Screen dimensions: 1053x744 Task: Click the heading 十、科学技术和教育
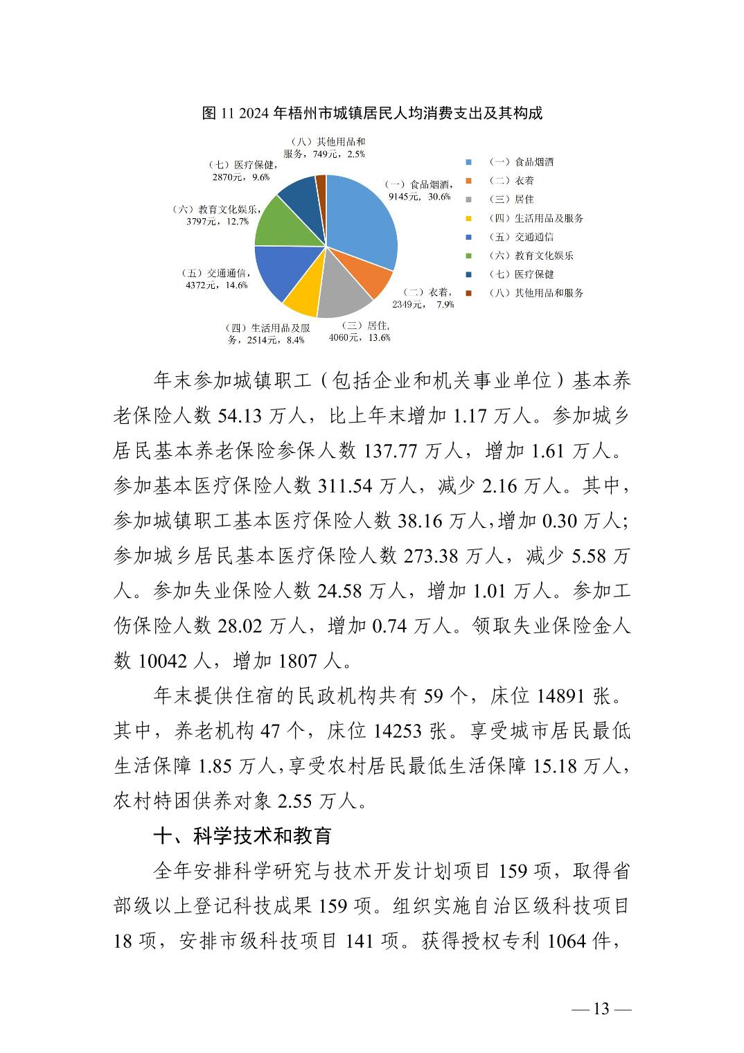pyautogui.click(x=242, y=836)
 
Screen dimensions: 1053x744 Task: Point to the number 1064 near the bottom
pyautogui.click(x=567, y=941)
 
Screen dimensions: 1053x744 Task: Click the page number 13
pyautogui.click(x=601, y=1009)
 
